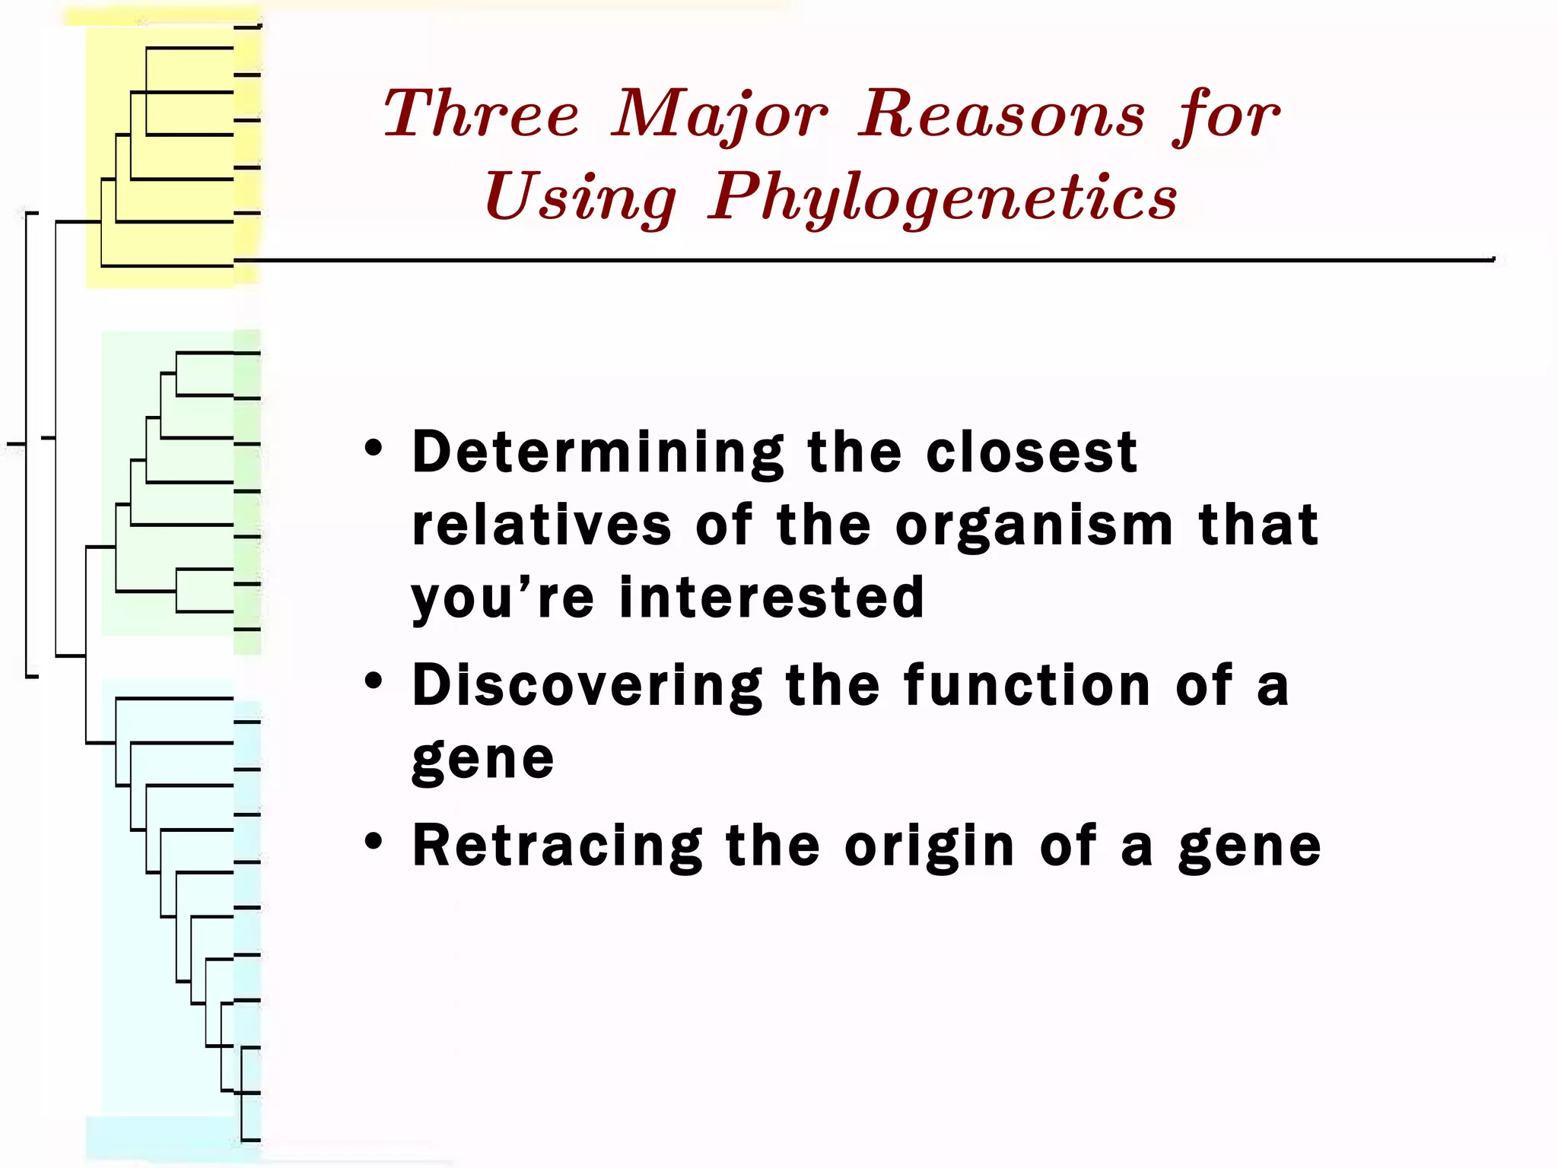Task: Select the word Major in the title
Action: pos(719,116)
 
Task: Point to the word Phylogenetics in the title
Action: pos(943,198)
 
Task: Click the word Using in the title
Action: pos(580,198)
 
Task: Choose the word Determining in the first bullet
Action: pos(598,453)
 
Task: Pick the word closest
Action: pos(1032,453)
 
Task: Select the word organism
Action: pos(1034,527)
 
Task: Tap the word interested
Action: pos(771,598)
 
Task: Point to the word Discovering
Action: pos(587,686)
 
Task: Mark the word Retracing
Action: pos(558,846)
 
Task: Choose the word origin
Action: pos(930,847)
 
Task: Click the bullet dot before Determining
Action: pos(373,448)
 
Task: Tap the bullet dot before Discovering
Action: pos(373,681)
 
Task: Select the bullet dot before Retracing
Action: pos(373,841)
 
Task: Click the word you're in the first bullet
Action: pos(502,599)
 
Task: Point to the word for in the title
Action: pos(1226,116)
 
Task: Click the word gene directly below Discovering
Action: pos(483,760)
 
